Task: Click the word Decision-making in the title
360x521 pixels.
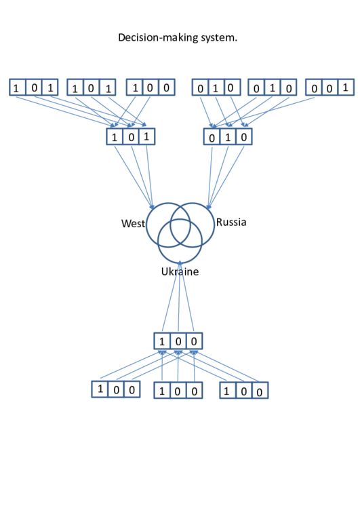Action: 158,37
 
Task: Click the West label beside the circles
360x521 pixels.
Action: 133,223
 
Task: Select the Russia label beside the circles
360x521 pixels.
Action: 231,222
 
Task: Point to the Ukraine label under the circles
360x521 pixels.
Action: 180,271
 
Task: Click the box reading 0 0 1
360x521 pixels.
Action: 329,87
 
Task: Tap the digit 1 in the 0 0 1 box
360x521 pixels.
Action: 345,88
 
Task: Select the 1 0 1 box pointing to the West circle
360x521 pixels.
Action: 131,136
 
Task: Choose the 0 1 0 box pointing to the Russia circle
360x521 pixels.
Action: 228,136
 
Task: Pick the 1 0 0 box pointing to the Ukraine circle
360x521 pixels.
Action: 178,341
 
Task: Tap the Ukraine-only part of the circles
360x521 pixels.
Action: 180,255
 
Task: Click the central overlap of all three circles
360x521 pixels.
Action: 180,232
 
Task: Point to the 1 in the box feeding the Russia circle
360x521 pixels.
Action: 228,137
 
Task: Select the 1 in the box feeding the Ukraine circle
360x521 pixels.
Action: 162,341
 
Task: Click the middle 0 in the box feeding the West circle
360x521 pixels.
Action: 131,137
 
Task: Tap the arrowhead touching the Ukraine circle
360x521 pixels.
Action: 180,263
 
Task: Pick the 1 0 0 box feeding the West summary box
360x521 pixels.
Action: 151,88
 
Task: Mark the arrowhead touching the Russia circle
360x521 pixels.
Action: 209,206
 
